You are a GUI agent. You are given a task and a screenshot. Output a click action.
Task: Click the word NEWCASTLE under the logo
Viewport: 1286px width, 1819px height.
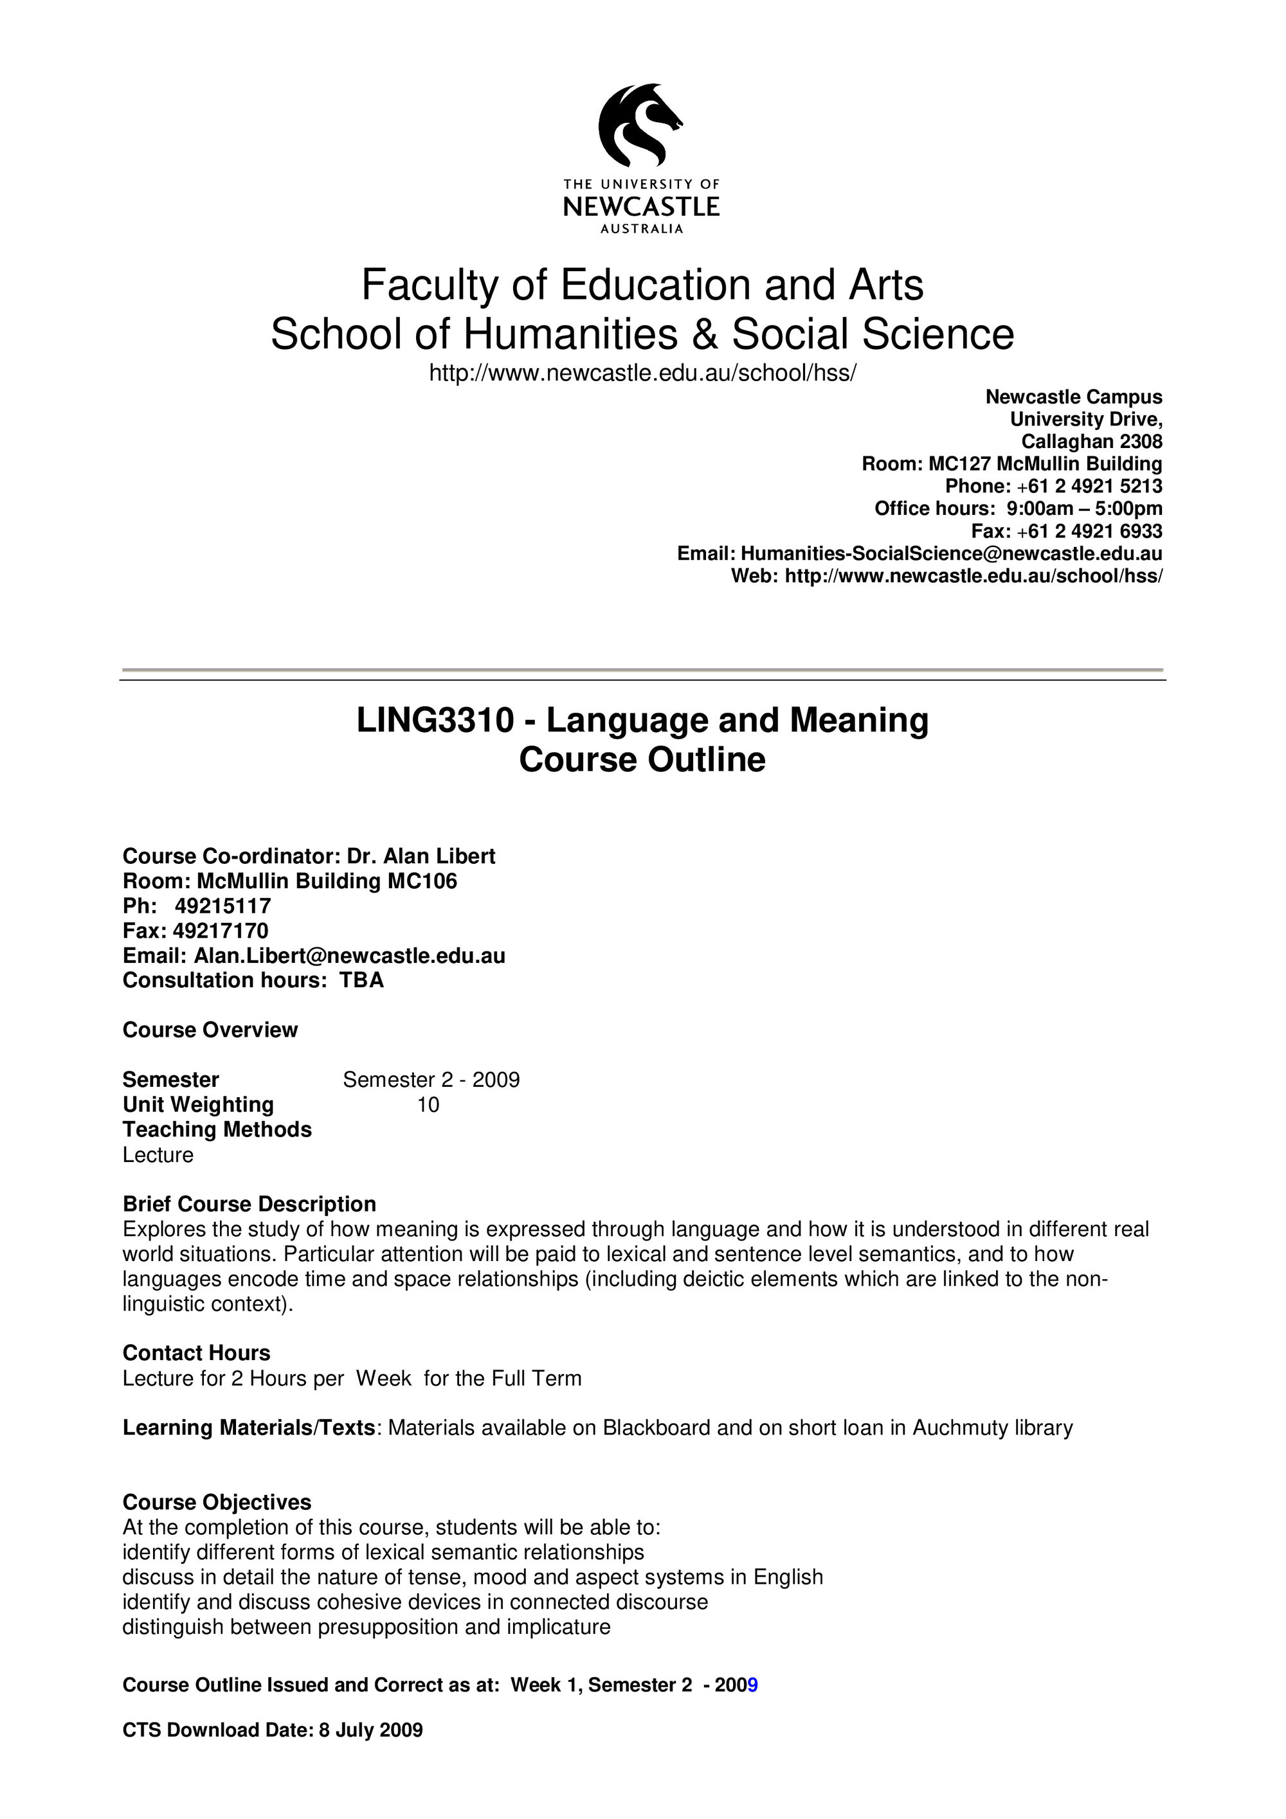coord(641,208)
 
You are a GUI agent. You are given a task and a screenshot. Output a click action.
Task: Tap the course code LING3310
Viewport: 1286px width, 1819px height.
coord(435,720)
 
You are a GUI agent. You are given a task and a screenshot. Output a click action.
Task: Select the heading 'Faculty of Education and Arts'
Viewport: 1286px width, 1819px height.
coord(642,285)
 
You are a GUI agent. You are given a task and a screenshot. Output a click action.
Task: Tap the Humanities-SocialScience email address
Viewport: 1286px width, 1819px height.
coord(951,553)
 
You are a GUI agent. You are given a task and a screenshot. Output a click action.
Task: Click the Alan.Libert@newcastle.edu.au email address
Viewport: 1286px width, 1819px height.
coord(349,956)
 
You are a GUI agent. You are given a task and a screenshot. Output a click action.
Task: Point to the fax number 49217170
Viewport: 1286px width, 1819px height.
coord(221,931)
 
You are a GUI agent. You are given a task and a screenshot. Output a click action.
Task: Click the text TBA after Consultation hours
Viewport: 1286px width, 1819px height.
coord(362,981)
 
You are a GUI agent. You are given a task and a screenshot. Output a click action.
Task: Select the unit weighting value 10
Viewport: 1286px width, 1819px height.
coord(428,1105)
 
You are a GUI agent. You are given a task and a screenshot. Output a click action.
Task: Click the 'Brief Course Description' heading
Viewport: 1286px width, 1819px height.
coord(249,1205)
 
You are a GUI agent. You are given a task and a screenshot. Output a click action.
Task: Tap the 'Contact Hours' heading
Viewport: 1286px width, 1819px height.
coord(197,1353)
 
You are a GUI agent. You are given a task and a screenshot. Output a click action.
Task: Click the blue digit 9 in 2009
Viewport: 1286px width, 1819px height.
coord(753,1685)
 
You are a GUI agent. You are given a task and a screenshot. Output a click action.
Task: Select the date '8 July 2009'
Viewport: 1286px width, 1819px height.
coord(371,1730)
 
